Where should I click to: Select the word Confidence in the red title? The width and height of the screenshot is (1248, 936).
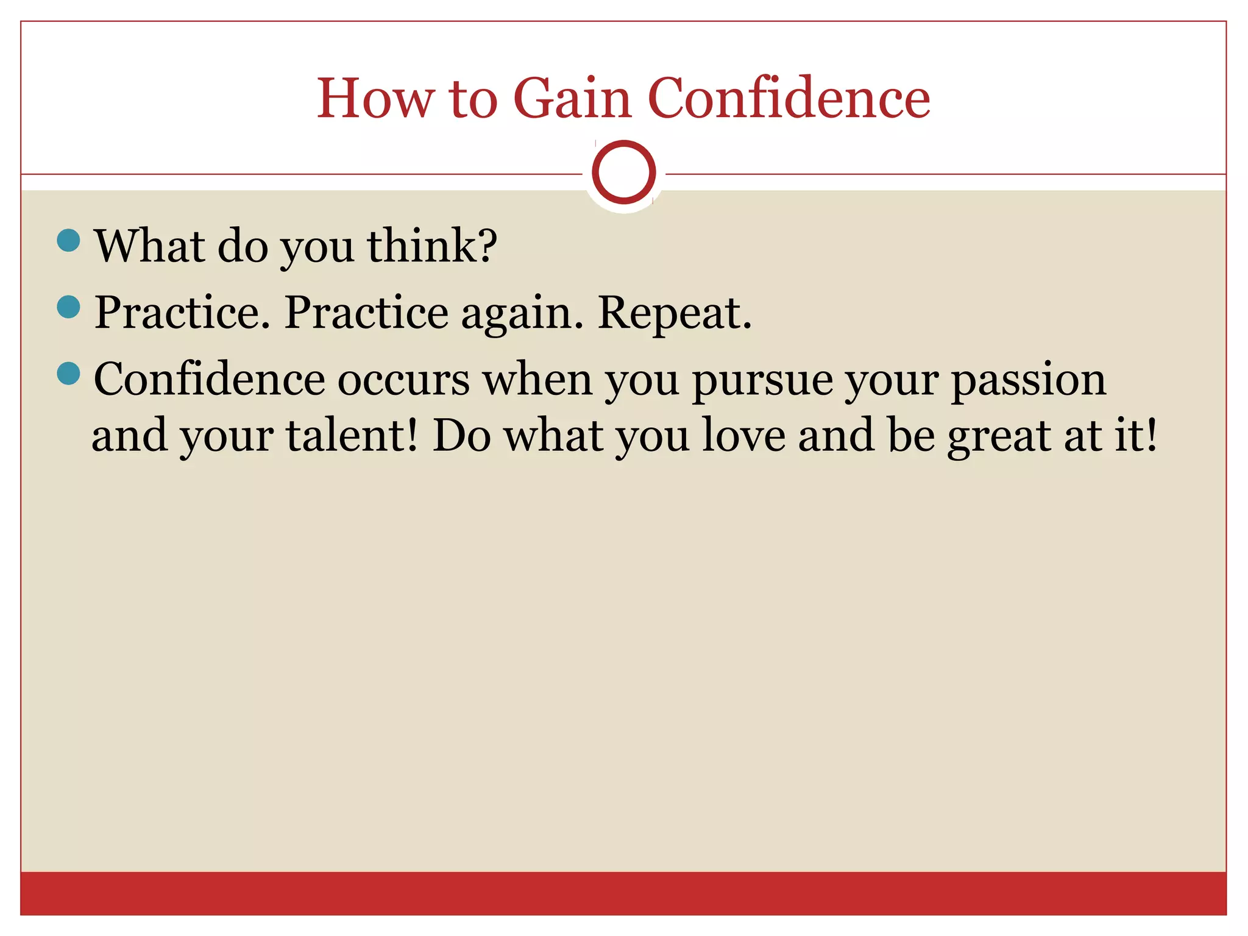(789, 99)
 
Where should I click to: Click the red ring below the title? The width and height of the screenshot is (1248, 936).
(623, 172)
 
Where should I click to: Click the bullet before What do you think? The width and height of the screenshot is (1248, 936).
(68, 240)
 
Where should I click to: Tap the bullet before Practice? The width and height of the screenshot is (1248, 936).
(68, 307)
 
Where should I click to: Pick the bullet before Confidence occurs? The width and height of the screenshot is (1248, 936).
(68, 374)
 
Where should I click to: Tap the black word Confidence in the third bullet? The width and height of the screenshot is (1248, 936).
(209, 379)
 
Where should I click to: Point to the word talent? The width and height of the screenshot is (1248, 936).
(352, 436)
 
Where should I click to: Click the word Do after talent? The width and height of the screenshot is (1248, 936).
(461, 436)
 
